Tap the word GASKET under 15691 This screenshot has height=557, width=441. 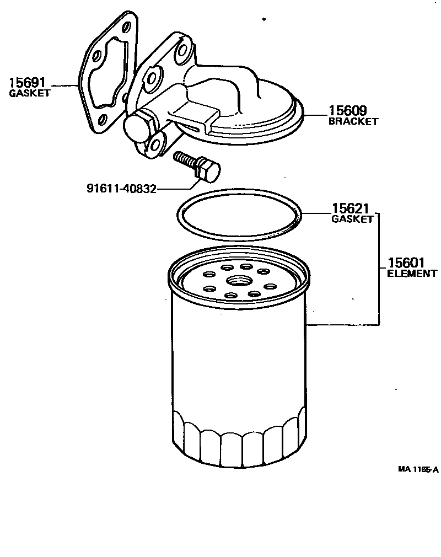click(30, 94)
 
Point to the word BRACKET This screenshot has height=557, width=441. click(353, 121)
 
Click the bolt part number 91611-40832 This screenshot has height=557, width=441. click(121, 189)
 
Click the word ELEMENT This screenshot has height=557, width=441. click(412, 273)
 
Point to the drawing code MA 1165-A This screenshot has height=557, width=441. click(418, 469)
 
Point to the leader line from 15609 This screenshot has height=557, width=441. click(316, 115)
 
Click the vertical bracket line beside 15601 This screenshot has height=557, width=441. click(378, 270)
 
